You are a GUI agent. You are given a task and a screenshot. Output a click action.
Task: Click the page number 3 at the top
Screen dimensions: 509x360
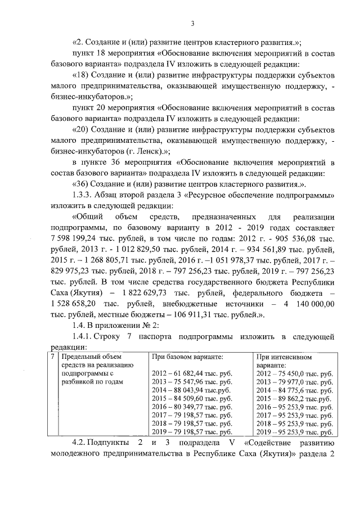(x=192, y=23)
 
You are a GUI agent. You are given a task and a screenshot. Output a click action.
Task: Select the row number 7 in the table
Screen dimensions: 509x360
(x=53, y=357)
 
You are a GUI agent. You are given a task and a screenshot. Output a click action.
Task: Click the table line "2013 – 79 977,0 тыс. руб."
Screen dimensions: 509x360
(x=294, y=381)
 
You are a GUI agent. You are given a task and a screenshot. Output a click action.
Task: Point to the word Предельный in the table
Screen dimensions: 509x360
(x=83, y=357)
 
